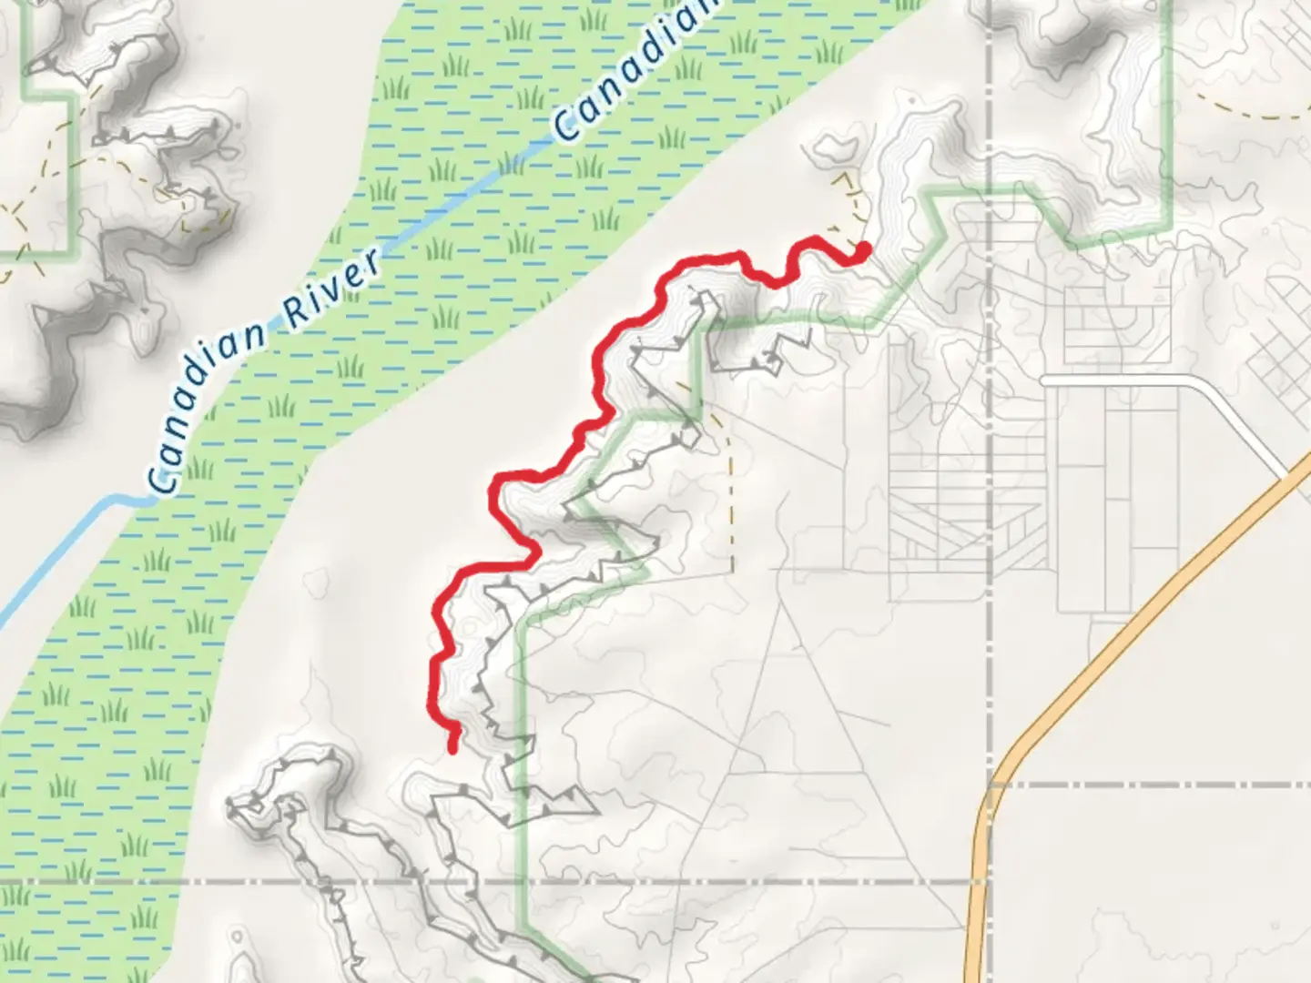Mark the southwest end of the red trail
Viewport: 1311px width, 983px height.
click(452, 748)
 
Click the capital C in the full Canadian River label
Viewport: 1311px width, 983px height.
click(164, 479)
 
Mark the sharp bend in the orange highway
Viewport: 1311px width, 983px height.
click(997, 774)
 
